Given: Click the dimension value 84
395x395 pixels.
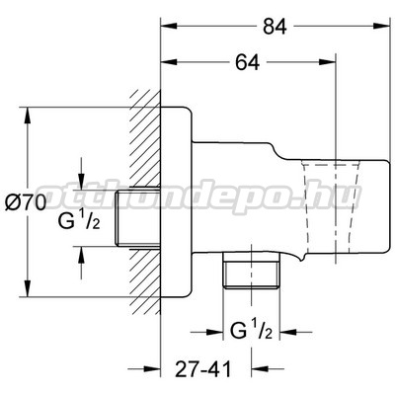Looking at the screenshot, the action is (x=275, y=27).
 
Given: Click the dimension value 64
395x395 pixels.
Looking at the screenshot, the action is (x=248, y=62).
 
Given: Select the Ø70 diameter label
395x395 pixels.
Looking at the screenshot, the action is (x=26, y=203).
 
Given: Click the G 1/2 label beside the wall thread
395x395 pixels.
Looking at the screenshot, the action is (x=79, y=220).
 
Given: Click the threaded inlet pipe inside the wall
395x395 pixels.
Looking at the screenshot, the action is (x=138, y=217).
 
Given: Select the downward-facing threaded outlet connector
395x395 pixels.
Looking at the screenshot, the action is (x=251, y=271).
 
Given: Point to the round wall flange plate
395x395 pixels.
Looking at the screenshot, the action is (x=176, y=202).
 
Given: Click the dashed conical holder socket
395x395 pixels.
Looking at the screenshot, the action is (x=330, y=210).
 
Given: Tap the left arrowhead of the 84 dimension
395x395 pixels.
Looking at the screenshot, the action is (x=169, y=27).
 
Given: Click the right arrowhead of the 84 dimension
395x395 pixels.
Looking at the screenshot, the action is (x=380, y=27).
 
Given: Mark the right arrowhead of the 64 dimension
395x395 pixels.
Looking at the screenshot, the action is (x=327, y=62).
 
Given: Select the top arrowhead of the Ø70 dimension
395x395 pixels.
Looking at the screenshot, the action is (x=28, y=116).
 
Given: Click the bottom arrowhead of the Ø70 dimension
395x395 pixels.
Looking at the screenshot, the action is (x=28, y=288).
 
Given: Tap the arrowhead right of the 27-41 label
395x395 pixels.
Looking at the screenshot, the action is (x=260, y=369).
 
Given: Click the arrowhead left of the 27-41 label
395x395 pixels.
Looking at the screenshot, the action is (x=152, y=369).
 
